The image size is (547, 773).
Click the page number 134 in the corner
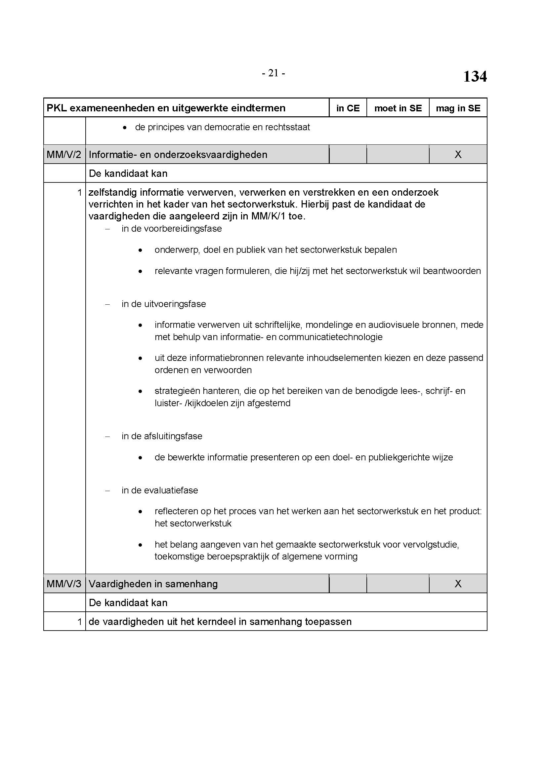(475, 76)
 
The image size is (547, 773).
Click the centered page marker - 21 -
(273, 73)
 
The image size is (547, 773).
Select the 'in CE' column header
(348, 108)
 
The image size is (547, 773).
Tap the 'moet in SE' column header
(398, 108)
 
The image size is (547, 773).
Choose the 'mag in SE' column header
(458, 108)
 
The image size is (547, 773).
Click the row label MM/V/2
(64, 155)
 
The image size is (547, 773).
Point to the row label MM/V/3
(64, 584)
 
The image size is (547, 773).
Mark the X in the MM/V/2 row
(458, 155)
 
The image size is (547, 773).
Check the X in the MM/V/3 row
(458, 584)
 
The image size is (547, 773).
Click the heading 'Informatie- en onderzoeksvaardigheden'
(178, 155)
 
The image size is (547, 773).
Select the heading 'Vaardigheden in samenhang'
(153, 584)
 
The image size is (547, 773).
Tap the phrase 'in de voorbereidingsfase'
(172, 229)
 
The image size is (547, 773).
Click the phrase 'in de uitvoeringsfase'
(164, 304)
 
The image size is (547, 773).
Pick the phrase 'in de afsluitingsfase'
(162, 436)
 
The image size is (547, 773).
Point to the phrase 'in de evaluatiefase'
(160, 490)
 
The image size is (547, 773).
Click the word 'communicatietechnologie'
(330, 337)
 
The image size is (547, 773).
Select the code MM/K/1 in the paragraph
(268, 216)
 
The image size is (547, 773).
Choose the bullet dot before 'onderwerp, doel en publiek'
(140, 250)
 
